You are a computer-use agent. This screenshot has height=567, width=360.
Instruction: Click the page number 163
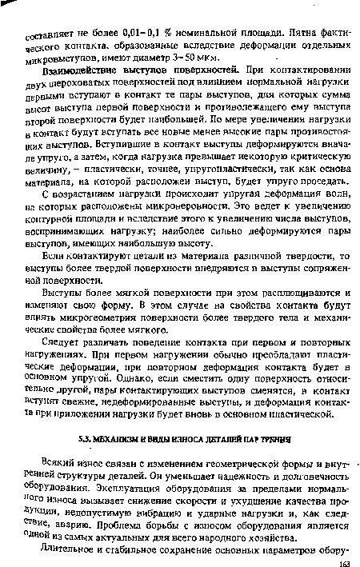pyautogui.click(x=342, y=561)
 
